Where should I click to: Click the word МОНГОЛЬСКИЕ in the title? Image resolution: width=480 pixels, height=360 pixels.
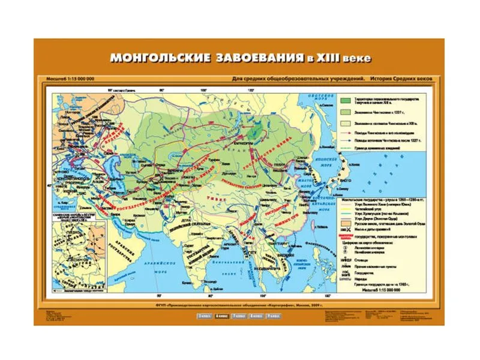tap(158, 58)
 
